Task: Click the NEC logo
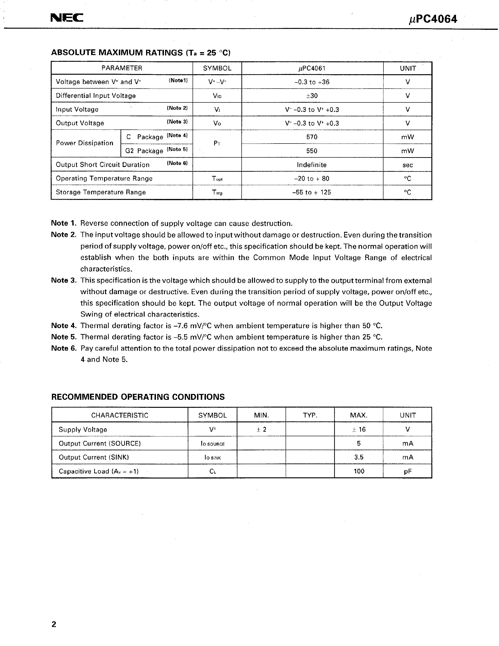[67, 18]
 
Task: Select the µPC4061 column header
[312, 68]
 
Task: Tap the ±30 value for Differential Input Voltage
[312, 96]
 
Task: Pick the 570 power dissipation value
[312, 137]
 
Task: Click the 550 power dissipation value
[312, 151]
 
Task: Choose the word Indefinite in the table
[312, 165]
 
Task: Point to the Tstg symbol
[217, 192]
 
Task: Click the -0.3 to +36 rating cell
[312, 82]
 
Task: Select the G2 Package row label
[144, 151]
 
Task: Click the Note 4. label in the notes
[64, 326]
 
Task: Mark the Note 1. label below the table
[64, 223]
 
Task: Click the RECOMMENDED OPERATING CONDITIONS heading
[138, 397]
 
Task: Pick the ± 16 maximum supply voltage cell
[359, 429]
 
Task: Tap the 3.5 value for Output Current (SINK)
[359, 457]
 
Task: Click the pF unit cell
[408, 471]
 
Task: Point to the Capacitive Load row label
[98, 471]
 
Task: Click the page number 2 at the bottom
[54, 624]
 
